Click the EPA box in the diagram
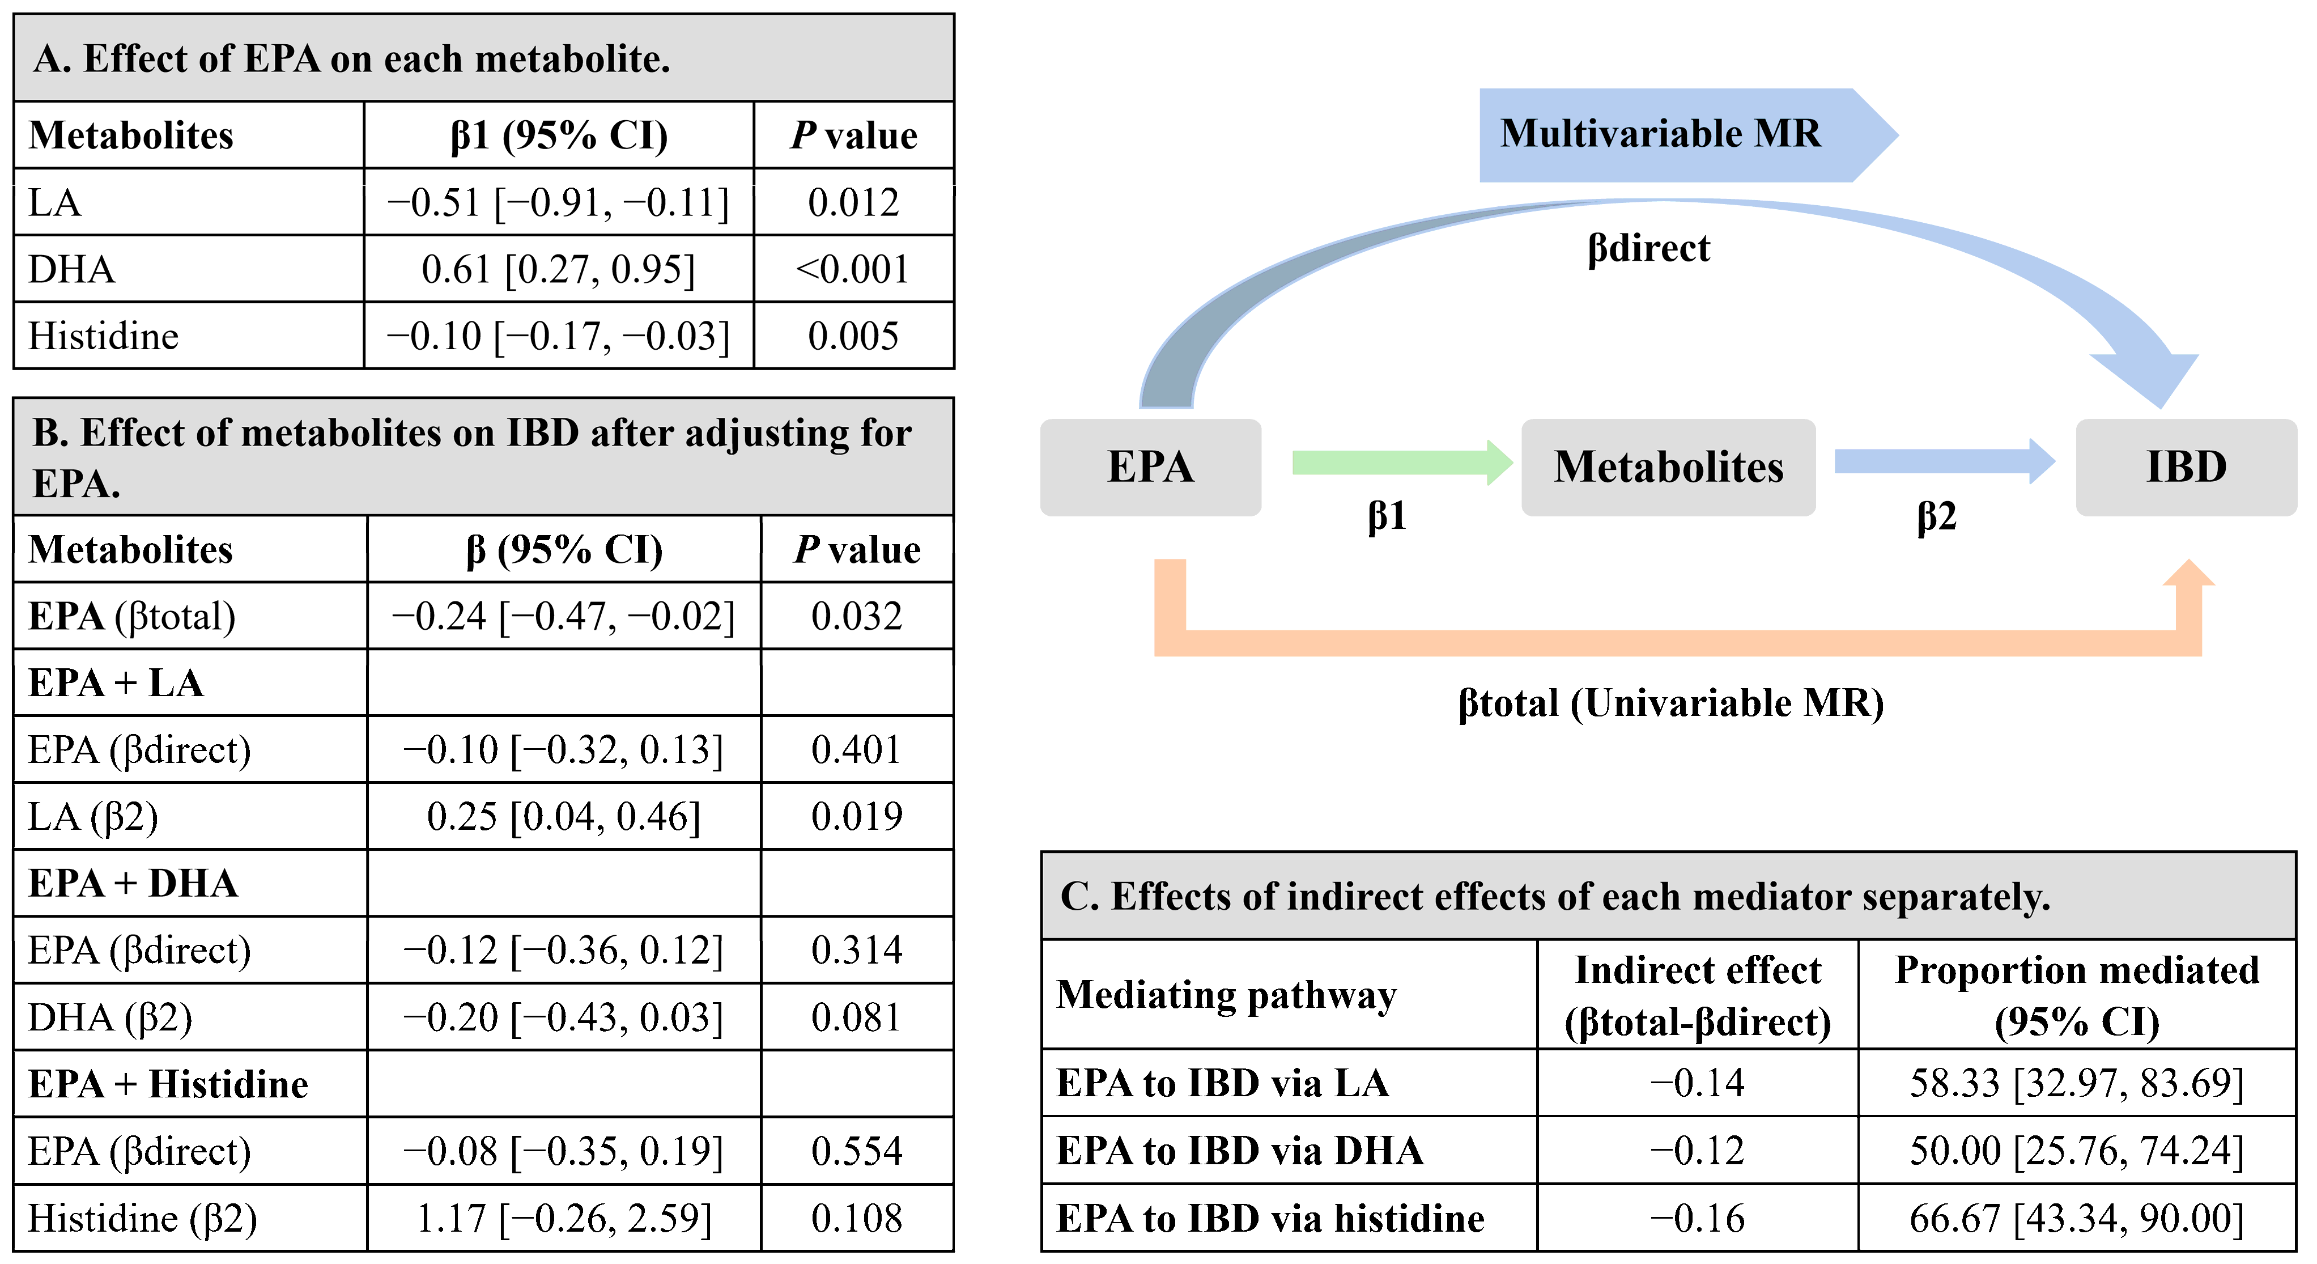pyautogui.click(x=1150, y=467)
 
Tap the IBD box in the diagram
pyautogui.click(x=2186, y=467)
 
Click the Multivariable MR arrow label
pyautogui.click(x=1660, y=134)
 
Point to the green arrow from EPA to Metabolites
pyautogui.click(x=1401, y=463)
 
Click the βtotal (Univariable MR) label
pyautogui.click(x=1670, y=703)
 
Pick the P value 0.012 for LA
pyautogui.click(x=853, y=202)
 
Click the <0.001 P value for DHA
pyautogui.click(x=853, y=269)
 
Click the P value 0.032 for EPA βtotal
pyautogui.click(x=856, y=616)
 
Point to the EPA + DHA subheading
pyautogui.click(x=133, y=884)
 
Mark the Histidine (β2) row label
pyautogui.click(x=142, y=1218)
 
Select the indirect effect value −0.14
pyautogui.click(x=1697, y=1082)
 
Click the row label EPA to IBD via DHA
pyautogui.click(x=1239, y=1151)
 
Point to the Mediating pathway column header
pyautogui.click(x=1226, y=995)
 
